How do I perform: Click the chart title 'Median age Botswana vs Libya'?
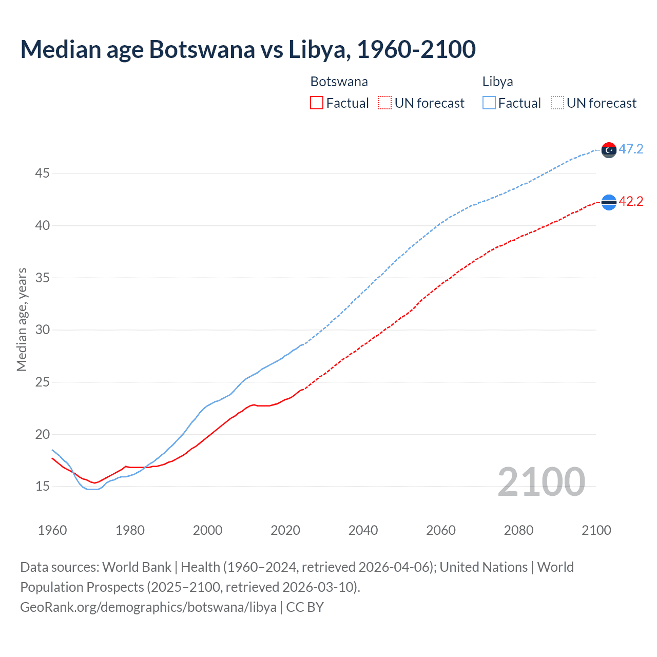click(x=248, y=50)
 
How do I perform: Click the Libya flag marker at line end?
click(x=609, y=150)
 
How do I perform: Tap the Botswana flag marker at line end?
click(x=609, y=202)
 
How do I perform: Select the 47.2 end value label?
click(x=631, y=149)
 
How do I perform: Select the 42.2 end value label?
click(x=631, y=202)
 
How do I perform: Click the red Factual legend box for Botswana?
click(x=317, y=103)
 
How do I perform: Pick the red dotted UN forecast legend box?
click(x=385, y=103)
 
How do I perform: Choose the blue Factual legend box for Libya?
click(x=489, y=103)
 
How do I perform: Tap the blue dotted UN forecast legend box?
click(x=557, y=103)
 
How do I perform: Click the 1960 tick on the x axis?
click(x=52, y=530)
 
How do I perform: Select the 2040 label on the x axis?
click(x=363, y=530)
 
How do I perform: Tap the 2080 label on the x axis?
click(x=518, y=530)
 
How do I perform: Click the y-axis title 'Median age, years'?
click(x=22, y=319)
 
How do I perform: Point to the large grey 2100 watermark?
click(x=541, y=482)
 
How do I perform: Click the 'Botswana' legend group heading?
click(x=339, y=82)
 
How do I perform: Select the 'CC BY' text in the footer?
click(x=305, y=607)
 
